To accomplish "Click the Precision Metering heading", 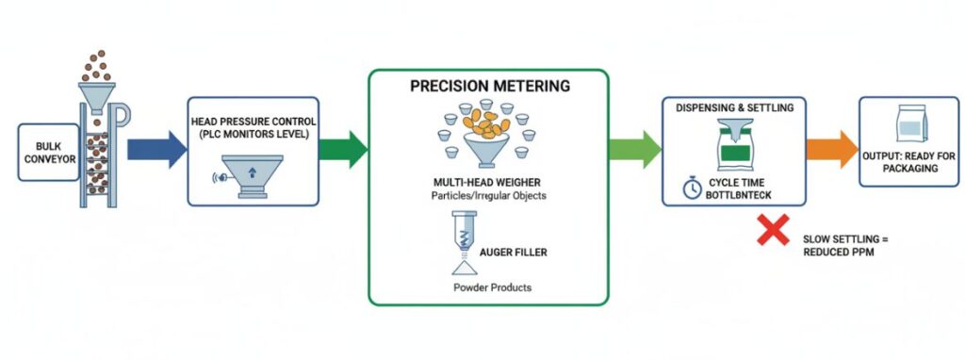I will [x=489, y=86].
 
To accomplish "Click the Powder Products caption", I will [x=488, y=286].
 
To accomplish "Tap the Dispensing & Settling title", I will [x=734, y=107].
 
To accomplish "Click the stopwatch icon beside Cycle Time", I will [x=693, y=188].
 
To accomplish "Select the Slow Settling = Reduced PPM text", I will [x=845, y=245].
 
